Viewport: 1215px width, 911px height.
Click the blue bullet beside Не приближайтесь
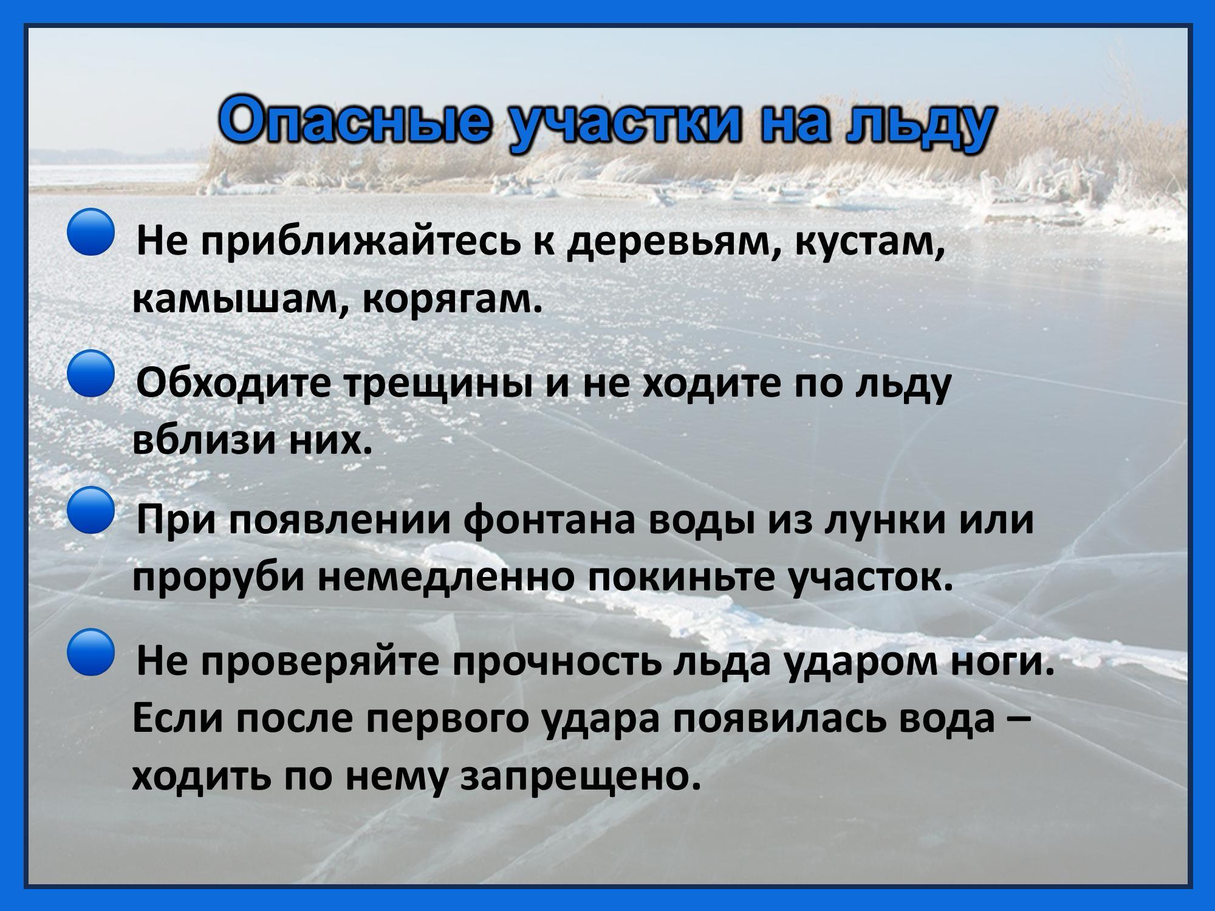[x=90, y=231]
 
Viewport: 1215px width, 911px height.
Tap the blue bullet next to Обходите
[x=90, y=374]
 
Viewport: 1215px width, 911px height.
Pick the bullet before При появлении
[x=90, y=510]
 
